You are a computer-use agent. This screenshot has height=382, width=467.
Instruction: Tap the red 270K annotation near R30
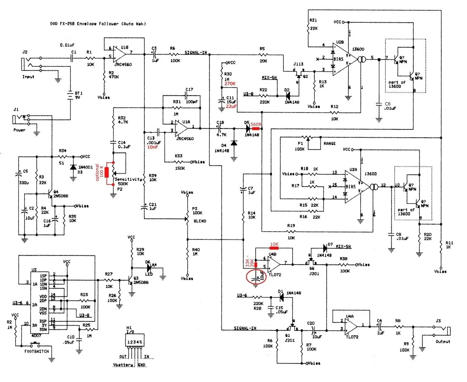[x=230, y=84]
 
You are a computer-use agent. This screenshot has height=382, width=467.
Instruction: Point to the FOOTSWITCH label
[x=36, y=351]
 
